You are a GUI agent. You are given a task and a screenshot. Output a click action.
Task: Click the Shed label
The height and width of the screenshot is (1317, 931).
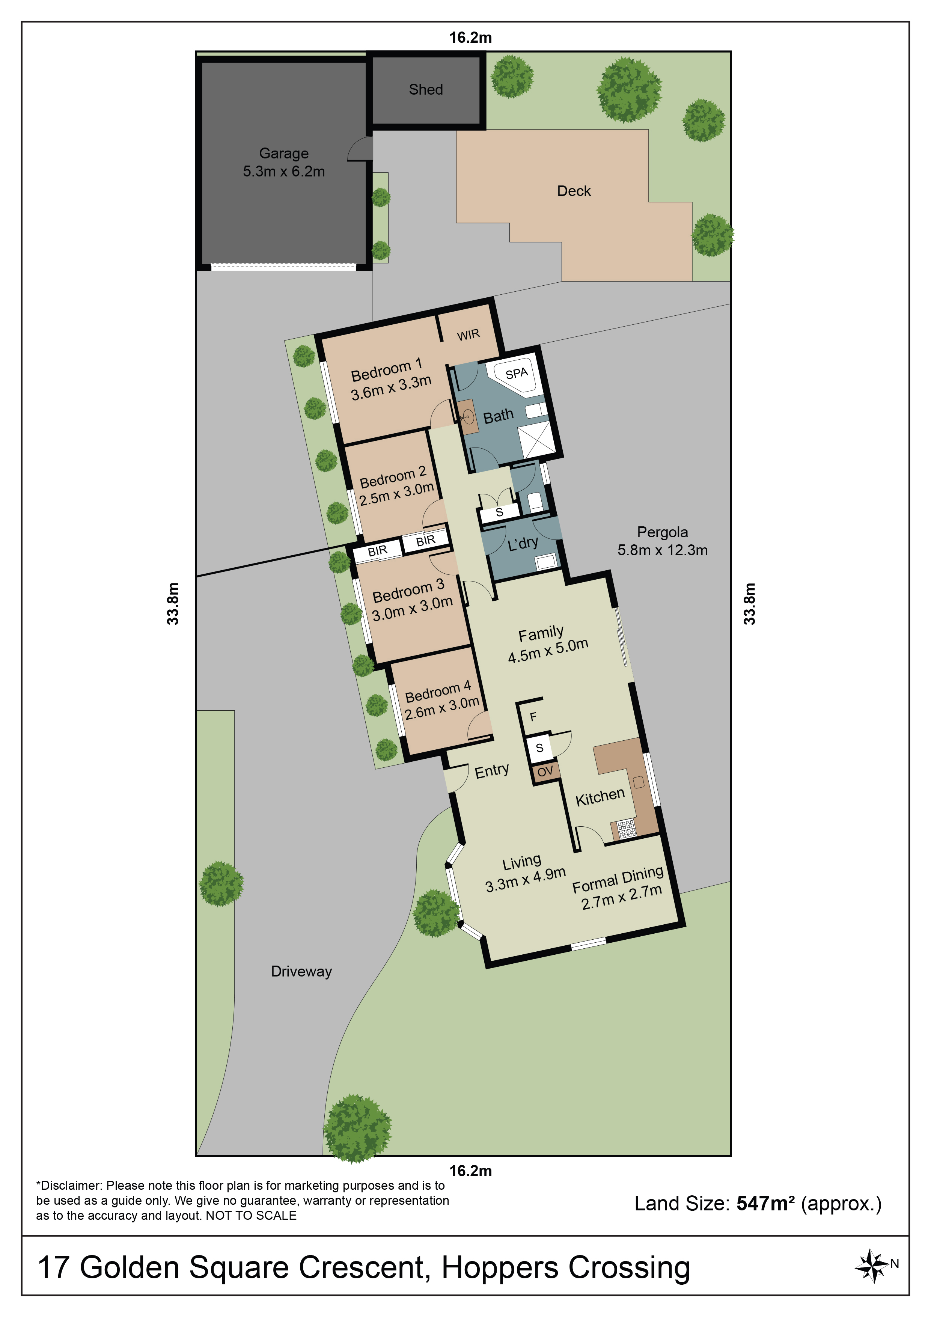(426, 89)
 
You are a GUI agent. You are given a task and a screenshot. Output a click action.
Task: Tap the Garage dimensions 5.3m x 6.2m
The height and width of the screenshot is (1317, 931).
(283, 172)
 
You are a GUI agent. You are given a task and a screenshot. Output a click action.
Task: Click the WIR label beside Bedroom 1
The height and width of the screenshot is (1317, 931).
(468, 335)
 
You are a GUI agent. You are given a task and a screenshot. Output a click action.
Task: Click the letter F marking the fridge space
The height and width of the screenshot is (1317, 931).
(533, 717)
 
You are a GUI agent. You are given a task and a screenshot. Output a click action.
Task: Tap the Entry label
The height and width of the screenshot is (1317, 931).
(492, 770)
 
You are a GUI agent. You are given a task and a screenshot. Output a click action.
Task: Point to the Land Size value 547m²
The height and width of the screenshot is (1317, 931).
(765, 1203)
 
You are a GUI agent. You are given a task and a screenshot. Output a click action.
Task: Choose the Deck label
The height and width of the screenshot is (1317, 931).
(574, 191)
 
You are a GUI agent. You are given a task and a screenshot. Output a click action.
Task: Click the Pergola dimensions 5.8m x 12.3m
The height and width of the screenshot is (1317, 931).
(663, 550)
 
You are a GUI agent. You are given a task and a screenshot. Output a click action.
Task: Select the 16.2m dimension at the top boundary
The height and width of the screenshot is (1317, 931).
(470, 38)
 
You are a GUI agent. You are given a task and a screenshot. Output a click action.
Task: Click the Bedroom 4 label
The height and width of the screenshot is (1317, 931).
(438, 691)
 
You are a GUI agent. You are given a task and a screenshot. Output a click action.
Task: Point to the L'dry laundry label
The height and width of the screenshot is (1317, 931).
(523, 542)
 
